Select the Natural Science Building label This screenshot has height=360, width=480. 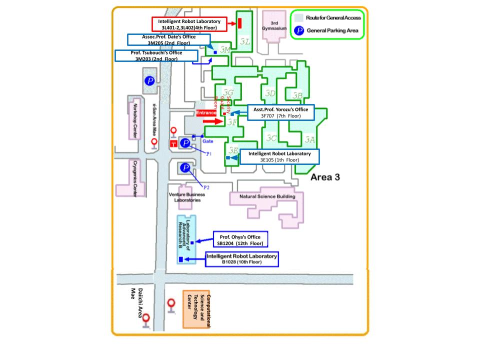pyautogui.click(x=267, y=196)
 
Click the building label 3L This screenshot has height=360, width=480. pyautogui.click(x=244, y=41)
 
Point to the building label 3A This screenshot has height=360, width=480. pyautogui.click(x=310, y=139)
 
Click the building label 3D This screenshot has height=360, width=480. pyautogui.click(x=270, y=93)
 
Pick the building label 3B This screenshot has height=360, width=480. pyautogui.click(x=297, y=95)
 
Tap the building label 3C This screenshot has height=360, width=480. pyautogui.click(x=271, y=138)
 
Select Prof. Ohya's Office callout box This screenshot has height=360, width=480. pyautogui.click(x=240, y=239)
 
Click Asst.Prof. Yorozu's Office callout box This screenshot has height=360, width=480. pyautogui.click(x=280, y=112)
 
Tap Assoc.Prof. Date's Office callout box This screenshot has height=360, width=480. pyautogui.click(x=167, y=40)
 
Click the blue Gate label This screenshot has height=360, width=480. pyautogui.click(x=208, y=141)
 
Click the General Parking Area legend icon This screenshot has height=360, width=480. pyautogui.click(x=299, y=30)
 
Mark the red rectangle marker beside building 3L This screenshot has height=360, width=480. pyautogui.click(x=240, y=23)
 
